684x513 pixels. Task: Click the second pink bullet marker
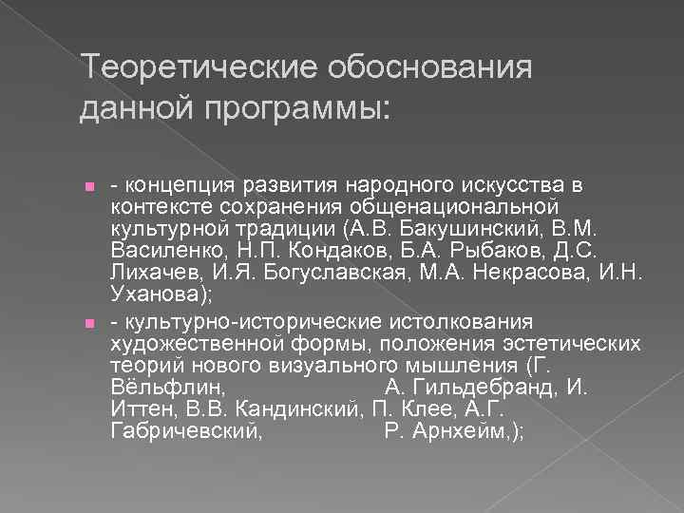click(88, 324)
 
